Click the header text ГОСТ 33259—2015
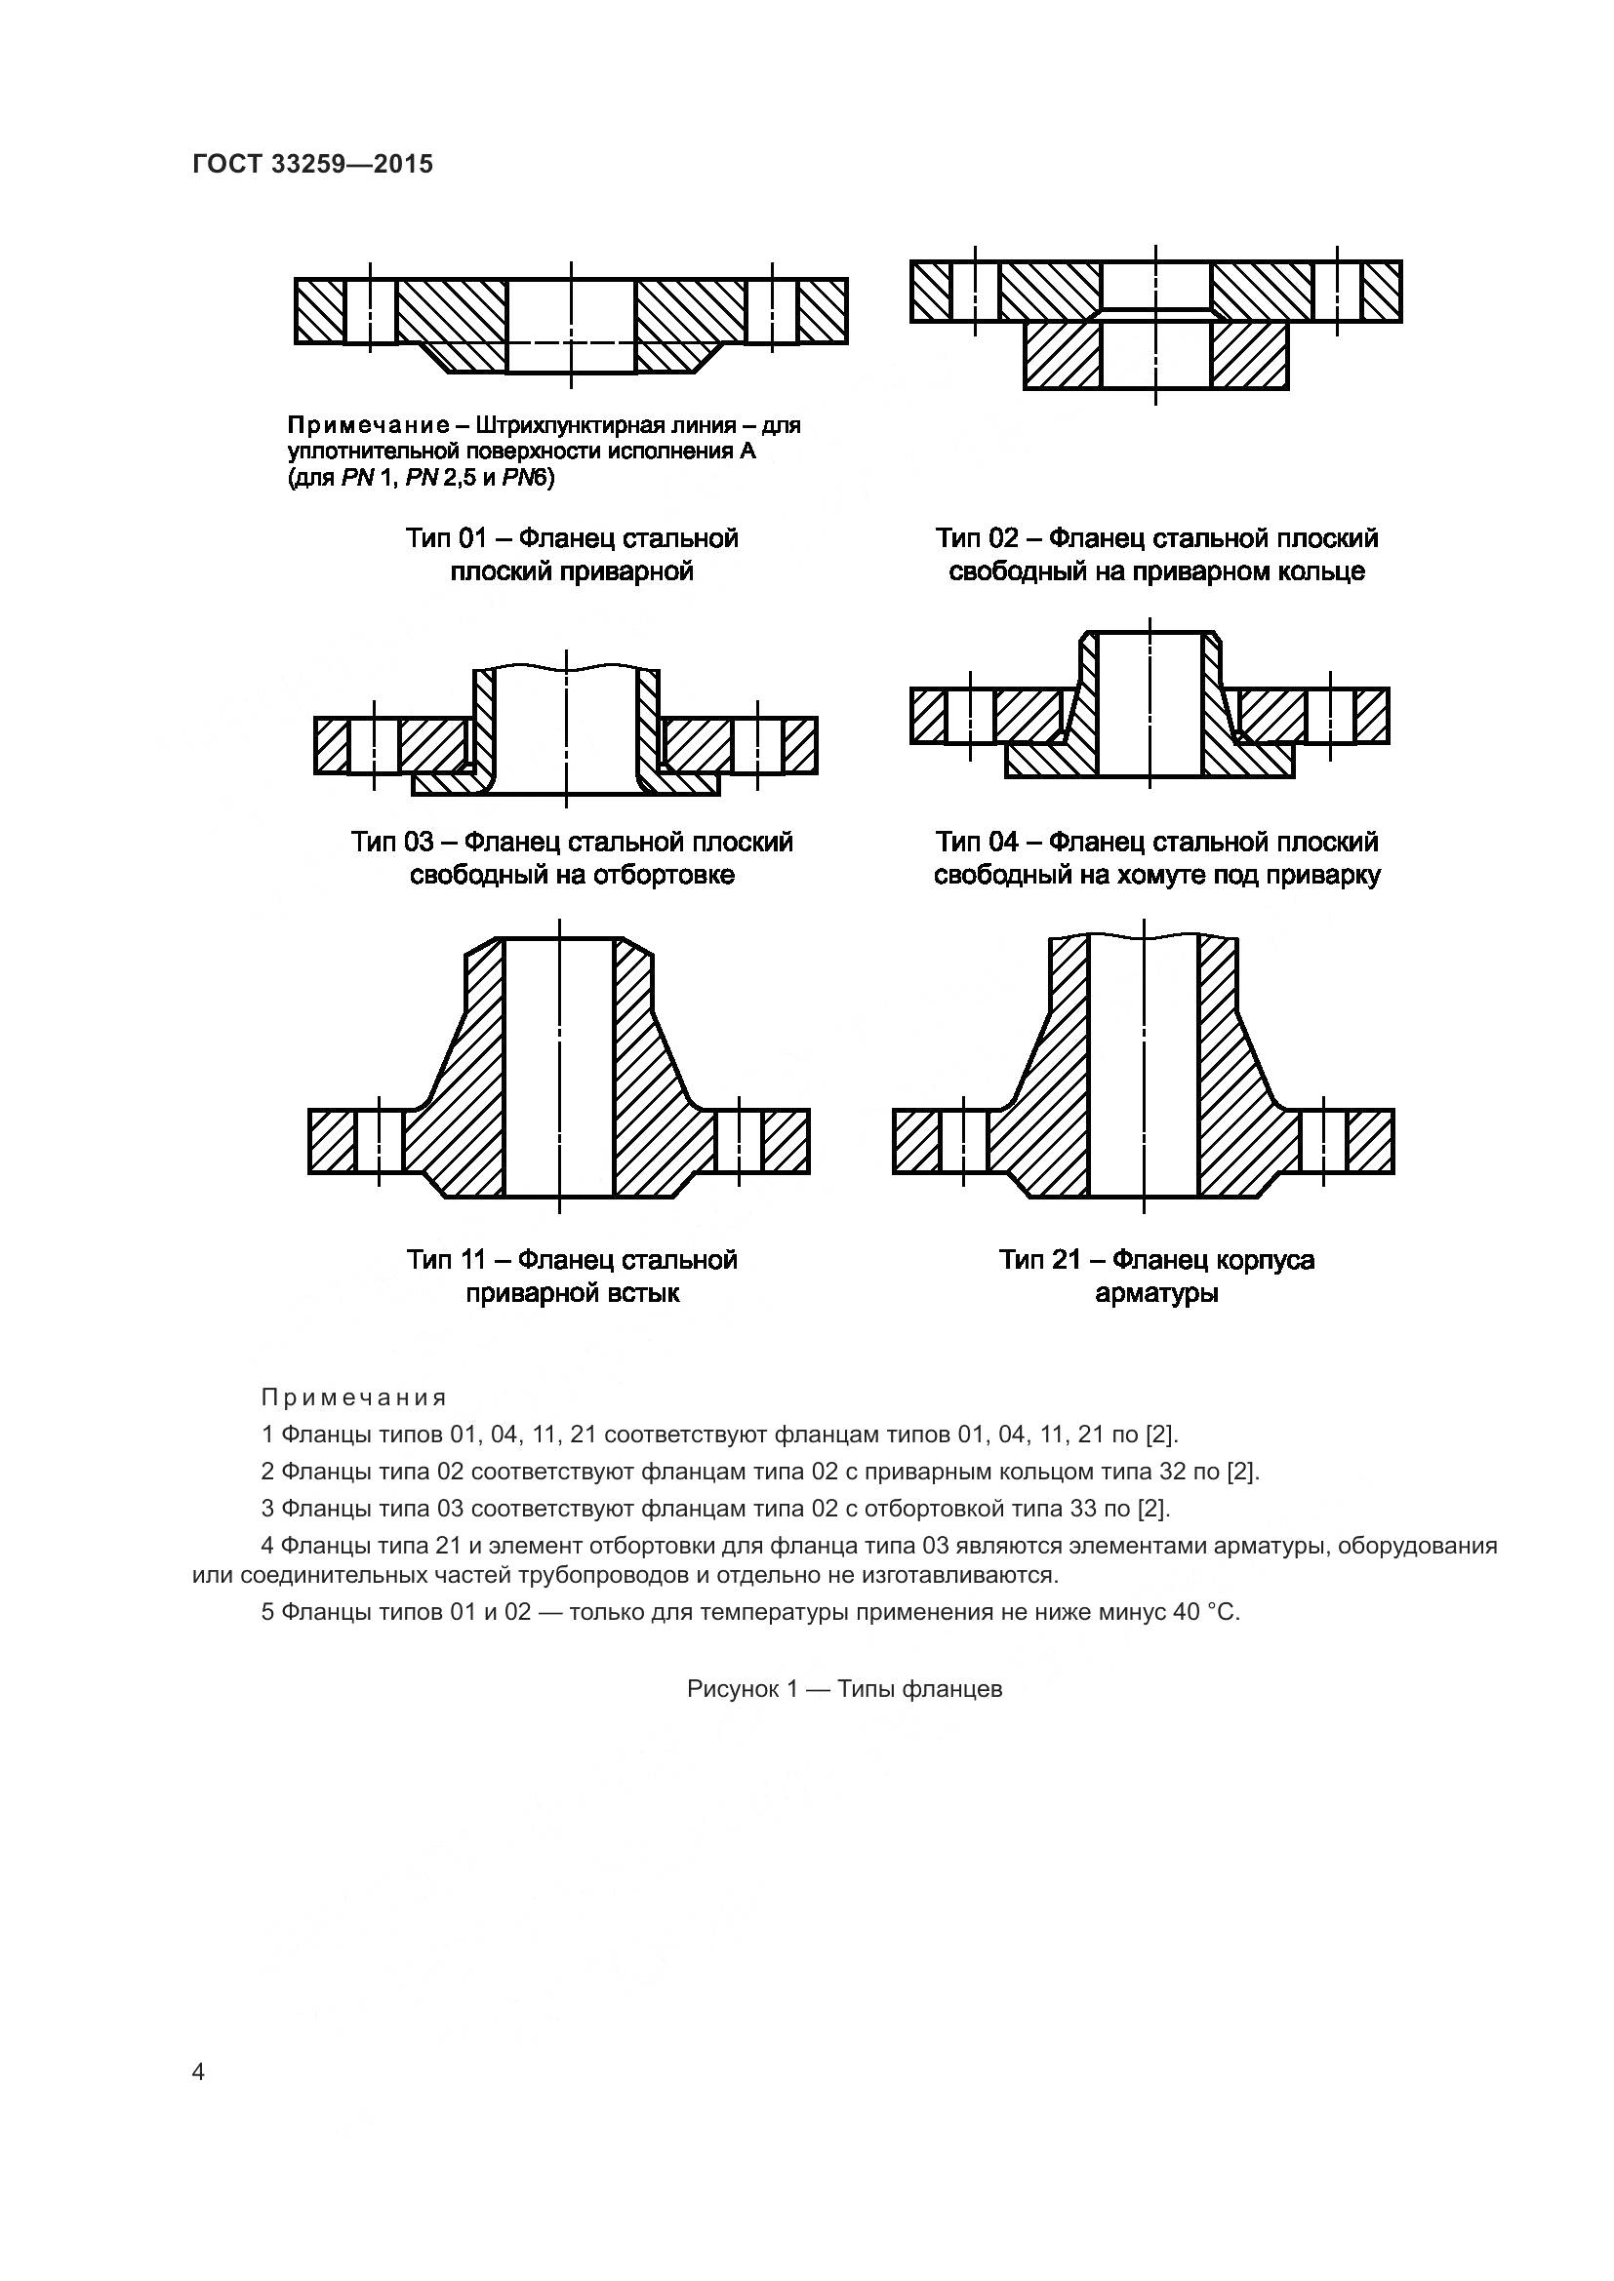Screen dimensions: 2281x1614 click(x=313, y=164)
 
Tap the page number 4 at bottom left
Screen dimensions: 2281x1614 click(x=198, y=2072)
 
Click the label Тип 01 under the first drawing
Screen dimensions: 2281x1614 click(x=445, y=538)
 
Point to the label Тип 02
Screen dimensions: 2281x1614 click(x=976, y=538)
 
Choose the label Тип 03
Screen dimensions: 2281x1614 click(x=392, y=843)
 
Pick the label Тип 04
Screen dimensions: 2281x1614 click(x=976, y=843)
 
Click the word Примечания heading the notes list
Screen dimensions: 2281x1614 click(x=354, y=1397)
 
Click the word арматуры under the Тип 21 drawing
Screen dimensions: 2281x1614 click(x=1155, y=1293)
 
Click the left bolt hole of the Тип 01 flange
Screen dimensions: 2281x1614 click(x=371, y=311)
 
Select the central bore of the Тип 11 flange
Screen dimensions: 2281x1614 click(x=559, y=1073)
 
